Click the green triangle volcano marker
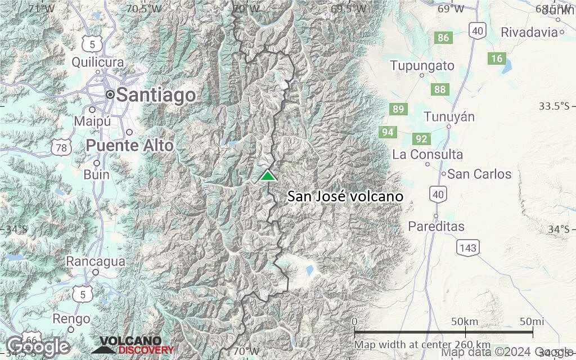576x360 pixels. click(x=268, y=175)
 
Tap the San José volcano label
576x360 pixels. click(x=345, y=197)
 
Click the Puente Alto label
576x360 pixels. click(x=129, y=146)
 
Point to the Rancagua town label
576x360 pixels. click(x=95, y=262)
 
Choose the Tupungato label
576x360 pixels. click(x=422, y=66)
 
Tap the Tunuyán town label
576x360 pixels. click(x=449, y=117)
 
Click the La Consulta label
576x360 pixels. click(x=428, y=154)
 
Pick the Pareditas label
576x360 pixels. click(x=436, y=227)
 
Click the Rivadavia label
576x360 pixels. click(x=529, y=31)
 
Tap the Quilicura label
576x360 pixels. click(x=97, y=62)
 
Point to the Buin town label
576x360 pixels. click(x=96, y=174)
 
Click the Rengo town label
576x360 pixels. click(x=71, y=319)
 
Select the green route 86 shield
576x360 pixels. click(x=443, y=38)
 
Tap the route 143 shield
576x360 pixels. click(x=467, y=247)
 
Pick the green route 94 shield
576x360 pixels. click(x=388, y=133)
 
